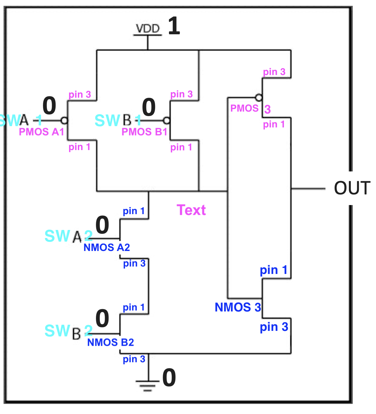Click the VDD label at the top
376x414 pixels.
tap(148, 28)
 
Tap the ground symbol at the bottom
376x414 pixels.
tap(148, 385)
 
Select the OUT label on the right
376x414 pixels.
tap(352, 188)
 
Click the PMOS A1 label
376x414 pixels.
tap(41, 132)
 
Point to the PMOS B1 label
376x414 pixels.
tap(144, 132)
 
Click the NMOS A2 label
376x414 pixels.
tap(107, 247)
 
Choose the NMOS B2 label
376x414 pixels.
tap(110, 342)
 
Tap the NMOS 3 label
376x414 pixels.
tap(238, 307)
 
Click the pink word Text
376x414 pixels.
tap(191, 210)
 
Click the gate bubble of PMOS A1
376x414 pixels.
tap(64, 121)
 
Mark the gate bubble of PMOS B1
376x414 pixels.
tap(166, 121)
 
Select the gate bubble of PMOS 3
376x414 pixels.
tap(258, 97)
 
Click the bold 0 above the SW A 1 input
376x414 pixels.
tap(49, 106)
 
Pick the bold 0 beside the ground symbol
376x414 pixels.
tap(169, 377)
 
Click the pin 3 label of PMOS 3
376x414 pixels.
tap(274, 72)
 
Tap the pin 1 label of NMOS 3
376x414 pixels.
tap(274, 270)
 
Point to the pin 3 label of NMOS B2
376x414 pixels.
tap(134, 359)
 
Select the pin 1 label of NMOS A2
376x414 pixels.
tap(134, 211)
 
